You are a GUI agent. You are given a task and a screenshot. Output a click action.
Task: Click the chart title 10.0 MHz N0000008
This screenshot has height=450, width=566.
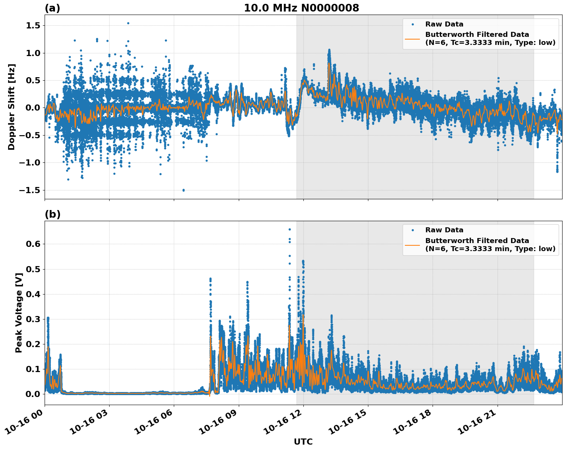pyautogui.click(x=301, y=8)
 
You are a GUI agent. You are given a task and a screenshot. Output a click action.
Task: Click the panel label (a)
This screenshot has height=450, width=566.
pyautogui.click(x=52, y=8)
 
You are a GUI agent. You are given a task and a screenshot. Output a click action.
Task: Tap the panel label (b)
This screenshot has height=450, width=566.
pyautogui.click(x=52, y=214)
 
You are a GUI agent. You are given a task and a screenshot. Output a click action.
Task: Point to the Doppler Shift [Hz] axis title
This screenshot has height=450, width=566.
pyautogui.click(x=12, y=107)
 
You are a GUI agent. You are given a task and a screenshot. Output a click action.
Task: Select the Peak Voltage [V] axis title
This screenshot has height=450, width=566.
pyautogui.click(x=18, y=313)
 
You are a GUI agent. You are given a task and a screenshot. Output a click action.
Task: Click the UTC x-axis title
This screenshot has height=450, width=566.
pyautogui.click(x=303, y=442)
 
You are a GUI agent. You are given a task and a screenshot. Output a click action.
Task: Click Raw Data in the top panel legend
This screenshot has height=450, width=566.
pyautogui.click(x=444, y=24)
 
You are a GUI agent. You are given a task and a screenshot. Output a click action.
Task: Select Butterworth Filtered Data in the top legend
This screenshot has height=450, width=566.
pyautogui.click(x=477, y=35)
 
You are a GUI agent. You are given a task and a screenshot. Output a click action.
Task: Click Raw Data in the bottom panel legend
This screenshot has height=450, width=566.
pyautogui.click(x=444, y=230)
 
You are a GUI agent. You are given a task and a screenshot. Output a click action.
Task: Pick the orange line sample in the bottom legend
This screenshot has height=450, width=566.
pyautogui.click(x=413, y=245)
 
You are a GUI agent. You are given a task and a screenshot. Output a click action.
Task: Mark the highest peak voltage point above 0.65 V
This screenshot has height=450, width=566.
pyautogui.click(x=290, y=229)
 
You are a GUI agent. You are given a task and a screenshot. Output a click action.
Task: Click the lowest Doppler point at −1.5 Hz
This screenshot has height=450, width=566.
pyautogui.click(x=183, y=190)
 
